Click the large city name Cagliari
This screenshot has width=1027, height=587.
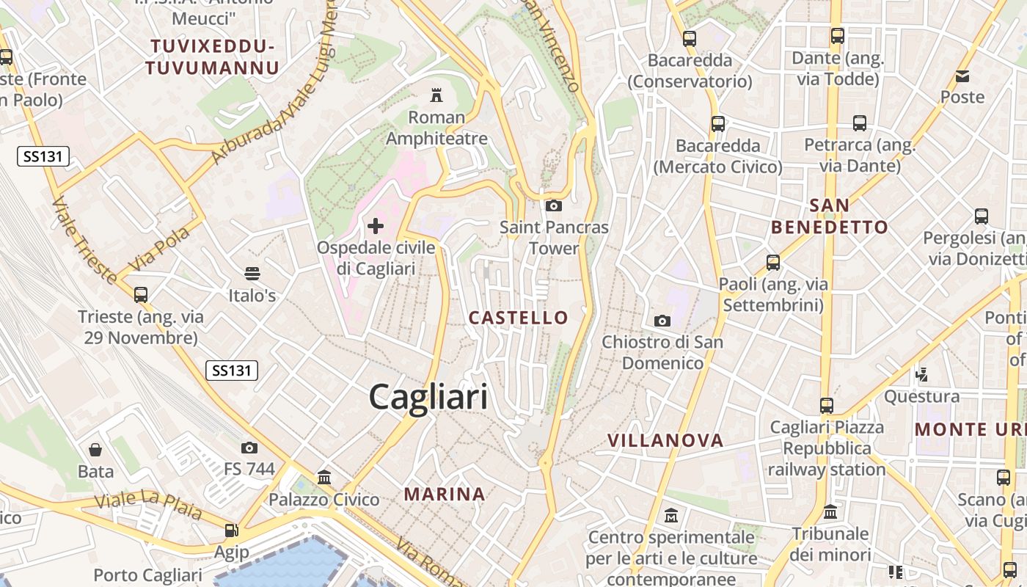tap(428, 397)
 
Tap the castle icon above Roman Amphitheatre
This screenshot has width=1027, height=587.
tap(436, 95)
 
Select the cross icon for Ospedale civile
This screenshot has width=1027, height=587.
tap(376, 225)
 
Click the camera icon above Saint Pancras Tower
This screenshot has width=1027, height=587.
tap(554, 205)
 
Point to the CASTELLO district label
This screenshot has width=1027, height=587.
tap(519, 318)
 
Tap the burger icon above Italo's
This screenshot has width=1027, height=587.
tap(252, 274)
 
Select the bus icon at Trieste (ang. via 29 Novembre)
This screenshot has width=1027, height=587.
tap(141, 295)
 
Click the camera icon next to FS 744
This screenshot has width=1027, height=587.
tap(249, 448)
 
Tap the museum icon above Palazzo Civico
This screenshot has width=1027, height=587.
tap(324, 478)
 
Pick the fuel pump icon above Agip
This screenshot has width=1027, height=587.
tap(231, 531)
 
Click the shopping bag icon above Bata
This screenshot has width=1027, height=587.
tap(95, 450)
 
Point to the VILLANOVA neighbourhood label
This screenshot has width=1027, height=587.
tap(665, 440)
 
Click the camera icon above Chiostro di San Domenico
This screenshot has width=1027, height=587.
tap(662, 321)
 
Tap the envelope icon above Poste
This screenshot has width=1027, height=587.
tap(962, 76)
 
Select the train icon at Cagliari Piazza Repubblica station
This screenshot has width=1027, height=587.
tap(827, 405)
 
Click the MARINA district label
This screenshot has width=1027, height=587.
tap(445, 495)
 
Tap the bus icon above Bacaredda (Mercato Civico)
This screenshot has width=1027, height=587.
tap(718, 124)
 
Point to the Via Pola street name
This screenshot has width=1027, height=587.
tap(159, 249)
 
